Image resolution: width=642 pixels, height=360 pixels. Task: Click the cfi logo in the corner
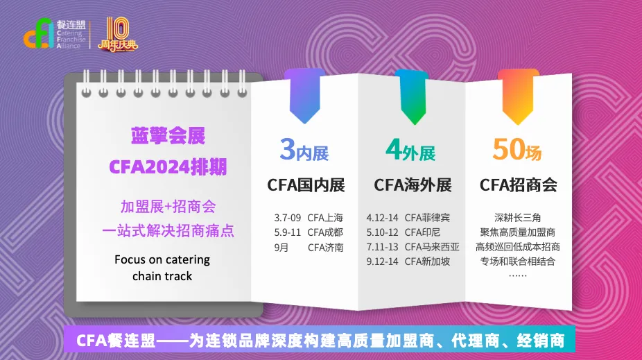[x=39, y=33]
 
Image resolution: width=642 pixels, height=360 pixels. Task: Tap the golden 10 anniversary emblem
[x=117, y=35]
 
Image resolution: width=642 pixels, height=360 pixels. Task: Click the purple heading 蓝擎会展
[x=168, y=136]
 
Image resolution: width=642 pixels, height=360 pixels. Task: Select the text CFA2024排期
[x=168, y=167]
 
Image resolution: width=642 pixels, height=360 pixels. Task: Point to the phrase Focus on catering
[x=162, y=259]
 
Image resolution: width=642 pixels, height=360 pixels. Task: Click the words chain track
[x=162, y=277]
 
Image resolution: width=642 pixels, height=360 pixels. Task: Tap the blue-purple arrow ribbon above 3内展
[x=304, y=96]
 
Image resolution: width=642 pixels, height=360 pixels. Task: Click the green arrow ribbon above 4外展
[x=412, y=96]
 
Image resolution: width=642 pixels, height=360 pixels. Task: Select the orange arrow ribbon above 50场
[x=518, y=96]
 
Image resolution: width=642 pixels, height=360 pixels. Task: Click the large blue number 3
[x=288, y=149]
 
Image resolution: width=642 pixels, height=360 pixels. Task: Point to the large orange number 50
[x=509, y=149]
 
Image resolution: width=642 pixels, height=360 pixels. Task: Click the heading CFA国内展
[x=306, y=185]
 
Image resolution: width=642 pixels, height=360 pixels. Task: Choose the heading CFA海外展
[x=413, y=185]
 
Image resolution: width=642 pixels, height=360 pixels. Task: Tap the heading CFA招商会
[x=519, y=185]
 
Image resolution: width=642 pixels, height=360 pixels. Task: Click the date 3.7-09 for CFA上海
[x=288, y=218]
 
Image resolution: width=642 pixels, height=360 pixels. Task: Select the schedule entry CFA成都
[x=325, y=232]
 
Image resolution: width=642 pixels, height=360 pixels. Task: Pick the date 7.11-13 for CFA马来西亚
[x=382, y=247]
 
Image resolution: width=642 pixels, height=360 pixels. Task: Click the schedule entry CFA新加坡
[x=427, y=262]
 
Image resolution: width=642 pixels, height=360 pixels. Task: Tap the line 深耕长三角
[x=517, y=218]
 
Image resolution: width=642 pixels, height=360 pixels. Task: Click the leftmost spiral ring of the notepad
[x=86, y=83]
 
